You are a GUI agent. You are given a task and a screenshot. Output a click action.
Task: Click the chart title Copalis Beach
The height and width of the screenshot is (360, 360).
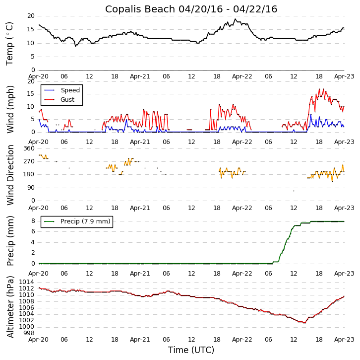191,9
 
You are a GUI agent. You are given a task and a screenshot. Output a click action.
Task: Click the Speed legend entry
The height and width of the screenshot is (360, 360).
70,90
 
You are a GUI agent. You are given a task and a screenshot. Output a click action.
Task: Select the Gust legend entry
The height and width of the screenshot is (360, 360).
67,100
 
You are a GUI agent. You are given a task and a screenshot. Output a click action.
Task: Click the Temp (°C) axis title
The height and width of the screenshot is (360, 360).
10,43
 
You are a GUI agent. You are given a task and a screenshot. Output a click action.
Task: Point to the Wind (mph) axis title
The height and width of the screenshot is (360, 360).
10,109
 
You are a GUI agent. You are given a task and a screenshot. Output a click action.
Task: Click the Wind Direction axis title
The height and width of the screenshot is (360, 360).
10,175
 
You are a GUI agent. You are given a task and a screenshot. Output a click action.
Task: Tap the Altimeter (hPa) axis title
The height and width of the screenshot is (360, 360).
10,306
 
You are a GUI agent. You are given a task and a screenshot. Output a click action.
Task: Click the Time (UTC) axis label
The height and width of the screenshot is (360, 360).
191,350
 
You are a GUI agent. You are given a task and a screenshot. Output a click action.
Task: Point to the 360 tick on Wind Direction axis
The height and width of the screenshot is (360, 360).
29,148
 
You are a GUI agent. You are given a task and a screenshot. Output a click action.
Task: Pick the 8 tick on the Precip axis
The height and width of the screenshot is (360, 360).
33,221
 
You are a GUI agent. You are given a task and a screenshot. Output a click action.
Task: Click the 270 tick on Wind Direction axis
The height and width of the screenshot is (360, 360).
29,161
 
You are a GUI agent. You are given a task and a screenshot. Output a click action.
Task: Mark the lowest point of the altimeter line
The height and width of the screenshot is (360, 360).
304,322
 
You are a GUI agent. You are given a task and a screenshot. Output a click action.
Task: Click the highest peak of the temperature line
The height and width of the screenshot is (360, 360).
236,19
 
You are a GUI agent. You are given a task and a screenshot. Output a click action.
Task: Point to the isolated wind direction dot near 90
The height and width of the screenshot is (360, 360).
294,191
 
